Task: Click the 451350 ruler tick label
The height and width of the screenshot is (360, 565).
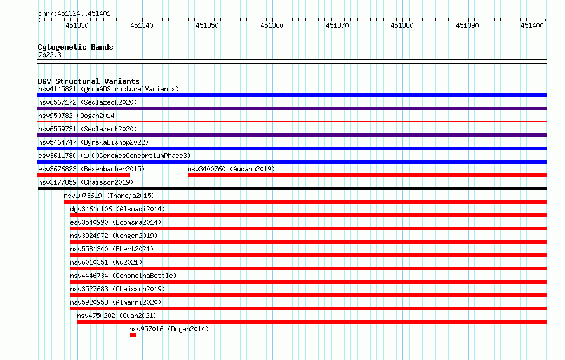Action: pyautogui.click(x=207, y=25)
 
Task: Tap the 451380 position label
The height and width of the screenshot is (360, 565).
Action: pyautogui.click(x=402, y=25)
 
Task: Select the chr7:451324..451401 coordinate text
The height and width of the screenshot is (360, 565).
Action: pyautogui.click(x=74, y=14)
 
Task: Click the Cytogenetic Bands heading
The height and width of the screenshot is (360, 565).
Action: pyautogui.click(x=76, y=47)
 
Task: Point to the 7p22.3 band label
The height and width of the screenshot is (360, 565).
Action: pyautogui.click(x=50, y=55)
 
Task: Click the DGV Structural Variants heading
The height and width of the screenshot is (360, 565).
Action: pyautogui.click(x=89, y=81)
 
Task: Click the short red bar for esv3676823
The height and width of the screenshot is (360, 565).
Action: pyautogui.click(x=84, y=175)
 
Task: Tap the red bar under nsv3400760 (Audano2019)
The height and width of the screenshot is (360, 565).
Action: pyautogui.click(x=368, y=175)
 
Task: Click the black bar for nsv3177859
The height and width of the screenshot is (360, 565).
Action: pyautogui.click(x=292, y=189)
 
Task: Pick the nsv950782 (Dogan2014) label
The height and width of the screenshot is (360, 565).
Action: pyautogui.click(x=78, y=116)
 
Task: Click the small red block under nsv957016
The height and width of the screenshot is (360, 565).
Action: pyautogui.click(x=133, y=335)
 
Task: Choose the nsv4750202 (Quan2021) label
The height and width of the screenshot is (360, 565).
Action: pyautogui.click(x=117, y=316)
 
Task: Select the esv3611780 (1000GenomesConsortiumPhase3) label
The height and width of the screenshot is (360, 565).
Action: pyautogui.click(x=114, y=156)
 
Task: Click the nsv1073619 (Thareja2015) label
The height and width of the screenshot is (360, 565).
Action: pyautogui.click(x=109, y=196)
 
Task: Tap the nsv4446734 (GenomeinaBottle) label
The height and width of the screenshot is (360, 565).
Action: pyautogui.click(x=123, y=276)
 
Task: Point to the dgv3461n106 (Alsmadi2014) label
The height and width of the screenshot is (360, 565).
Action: pyautogui.click(x=117, y=209)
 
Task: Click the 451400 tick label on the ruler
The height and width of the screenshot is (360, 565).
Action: pyautogui.click(x=532, y=25)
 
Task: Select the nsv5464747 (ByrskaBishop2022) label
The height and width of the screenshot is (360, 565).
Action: pyautogui.click(x=93, y=142)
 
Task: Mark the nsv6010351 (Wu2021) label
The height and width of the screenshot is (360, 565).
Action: pyautogui.click(x=106, y=262)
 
